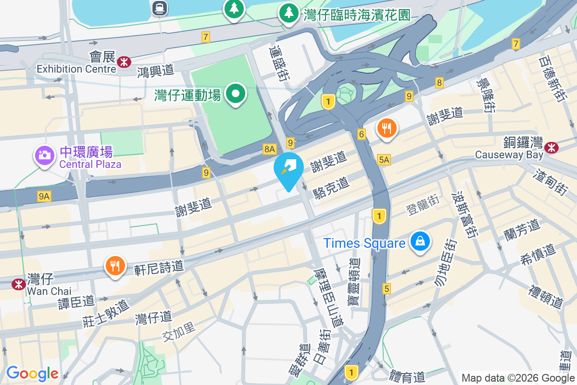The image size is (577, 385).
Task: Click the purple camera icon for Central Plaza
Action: tap(44, 154)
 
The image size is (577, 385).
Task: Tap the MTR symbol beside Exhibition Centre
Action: tap(124, 61)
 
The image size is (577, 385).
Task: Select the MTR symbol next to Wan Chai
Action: tap(19, 284)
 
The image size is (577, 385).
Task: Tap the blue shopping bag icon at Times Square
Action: tap(420, 241)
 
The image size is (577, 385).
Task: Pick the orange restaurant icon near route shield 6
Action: tap(387, 128)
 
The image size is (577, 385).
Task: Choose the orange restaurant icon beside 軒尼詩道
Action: tap(114, 265)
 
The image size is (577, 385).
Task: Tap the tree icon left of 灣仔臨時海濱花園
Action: tap(288, 13)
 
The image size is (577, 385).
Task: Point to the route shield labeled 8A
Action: tap(270, 149)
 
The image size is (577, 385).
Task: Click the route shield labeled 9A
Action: tap(44, 196)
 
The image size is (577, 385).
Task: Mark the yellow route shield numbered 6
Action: tap(361, 134)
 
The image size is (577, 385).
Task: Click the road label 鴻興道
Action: tap(155, 71)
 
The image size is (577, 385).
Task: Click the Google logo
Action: tap(32, 373)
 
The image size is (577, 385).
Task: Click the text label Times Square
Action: tap(364, 243)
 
